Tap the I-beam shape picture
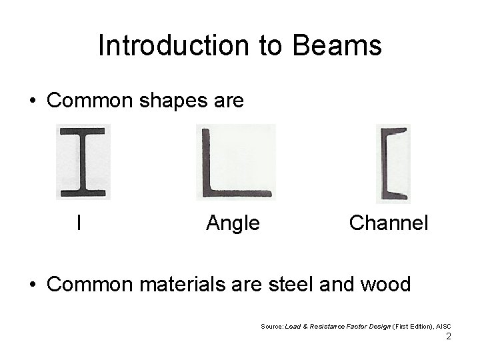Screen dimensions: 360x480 click(83, 162)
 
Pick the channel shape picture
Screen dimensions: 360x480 click(393, 163)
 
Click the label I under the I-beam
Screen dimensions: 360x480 click(79, 222)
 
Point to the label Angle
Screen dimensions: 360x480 click(233, 223)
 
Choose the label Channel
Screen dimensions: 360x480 click(389, 222)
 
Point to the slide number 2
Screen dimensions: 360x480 click(449, 337)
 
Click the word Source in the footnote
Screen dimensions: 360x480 click(272, 327)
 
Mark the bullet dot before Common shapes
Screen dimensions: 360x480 click(33, 101)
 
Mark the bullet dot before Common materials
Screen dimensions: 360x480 click(33, 285)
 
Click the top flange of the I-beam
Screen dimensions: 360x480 click(83, 131)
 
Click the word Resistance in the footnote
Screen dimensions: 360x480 click(329, 327)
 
